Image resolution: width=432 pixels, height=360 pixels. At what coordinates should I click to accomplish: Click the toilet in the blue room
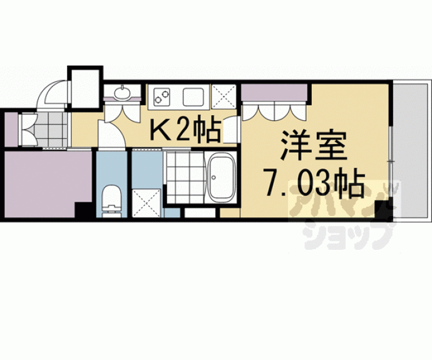[x=111, y=201]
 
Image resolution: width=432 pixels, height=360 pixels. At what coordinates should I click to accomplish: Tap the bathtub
[x=221, y=177]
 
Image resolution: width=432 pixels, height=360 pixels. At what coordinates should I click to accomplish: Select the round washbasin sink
[x=122, y=93]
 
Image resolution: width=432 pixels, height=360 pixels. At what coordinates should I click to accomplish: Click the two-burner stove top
[x=162, y=96]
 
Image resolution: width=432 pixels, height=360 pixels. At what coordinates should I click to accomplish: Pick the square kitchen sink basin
[x=193, y=96]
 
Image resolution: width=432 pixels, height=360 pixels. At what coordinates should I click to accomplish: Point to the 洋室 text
[x=313, y=145]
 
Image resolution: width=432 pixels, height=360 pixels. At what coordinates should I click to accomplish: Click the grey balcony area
[x=412, y=151]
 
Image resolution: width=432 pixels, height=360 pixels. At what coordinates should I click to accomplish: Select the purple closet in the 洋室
[x=274, y=93]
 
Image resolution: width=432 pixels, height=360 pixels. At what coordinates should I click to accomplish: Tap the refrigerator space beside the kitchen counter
[x=224, y=96]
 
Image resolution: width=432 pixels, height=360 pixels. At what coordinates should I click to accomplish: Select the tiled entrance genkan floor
[x=52, y=130]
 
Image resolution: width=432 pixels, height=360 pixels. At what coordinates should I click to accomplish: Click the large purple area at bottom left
[x=48, y=184]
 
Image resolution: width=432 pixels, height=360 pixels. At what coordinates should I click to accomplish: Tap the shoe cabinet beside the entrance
[x=11, y=130]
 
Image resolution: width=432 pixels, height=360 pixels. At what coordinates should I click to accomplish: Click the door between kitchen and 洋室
[x=230, y=130]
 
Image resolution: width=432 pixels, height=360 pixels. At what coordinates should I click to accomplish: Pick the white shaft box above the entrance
[x=85, y=88]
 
